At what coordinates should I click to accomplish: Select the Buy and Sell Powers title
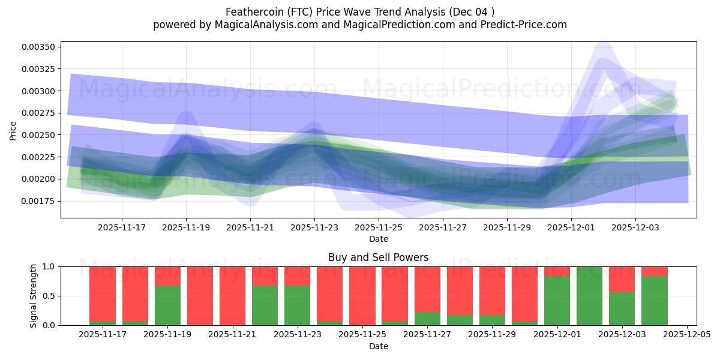(378, 257)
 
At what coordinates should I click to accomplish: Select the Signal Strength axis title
(34, 296)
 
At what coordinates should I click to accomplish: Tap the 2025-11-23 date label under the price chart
(314, 227)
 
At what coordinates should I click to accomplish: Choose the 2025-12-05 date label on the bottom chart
(686, 335)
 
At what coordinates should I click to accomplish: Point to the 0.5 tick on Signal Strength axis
(49, 296)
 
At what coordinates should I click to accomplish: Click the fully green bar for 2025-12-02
(590, 296)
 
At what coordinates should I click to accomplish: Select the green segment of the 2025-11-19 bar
(167, 305)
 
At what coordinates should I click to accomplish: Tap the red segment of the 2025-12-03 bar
(622, 279)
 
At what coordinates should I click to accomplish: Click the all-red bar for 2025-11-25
(362, 296)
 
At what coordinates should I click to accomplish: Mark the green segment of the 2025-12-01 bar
(557, 301)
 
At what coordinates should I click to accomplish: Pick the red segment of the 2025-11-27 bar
(427, 289)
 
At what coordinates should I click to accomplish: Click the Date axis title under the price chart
(378, 239)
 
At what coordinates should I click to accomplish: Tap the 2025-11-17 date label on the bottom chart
(103, 335)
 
